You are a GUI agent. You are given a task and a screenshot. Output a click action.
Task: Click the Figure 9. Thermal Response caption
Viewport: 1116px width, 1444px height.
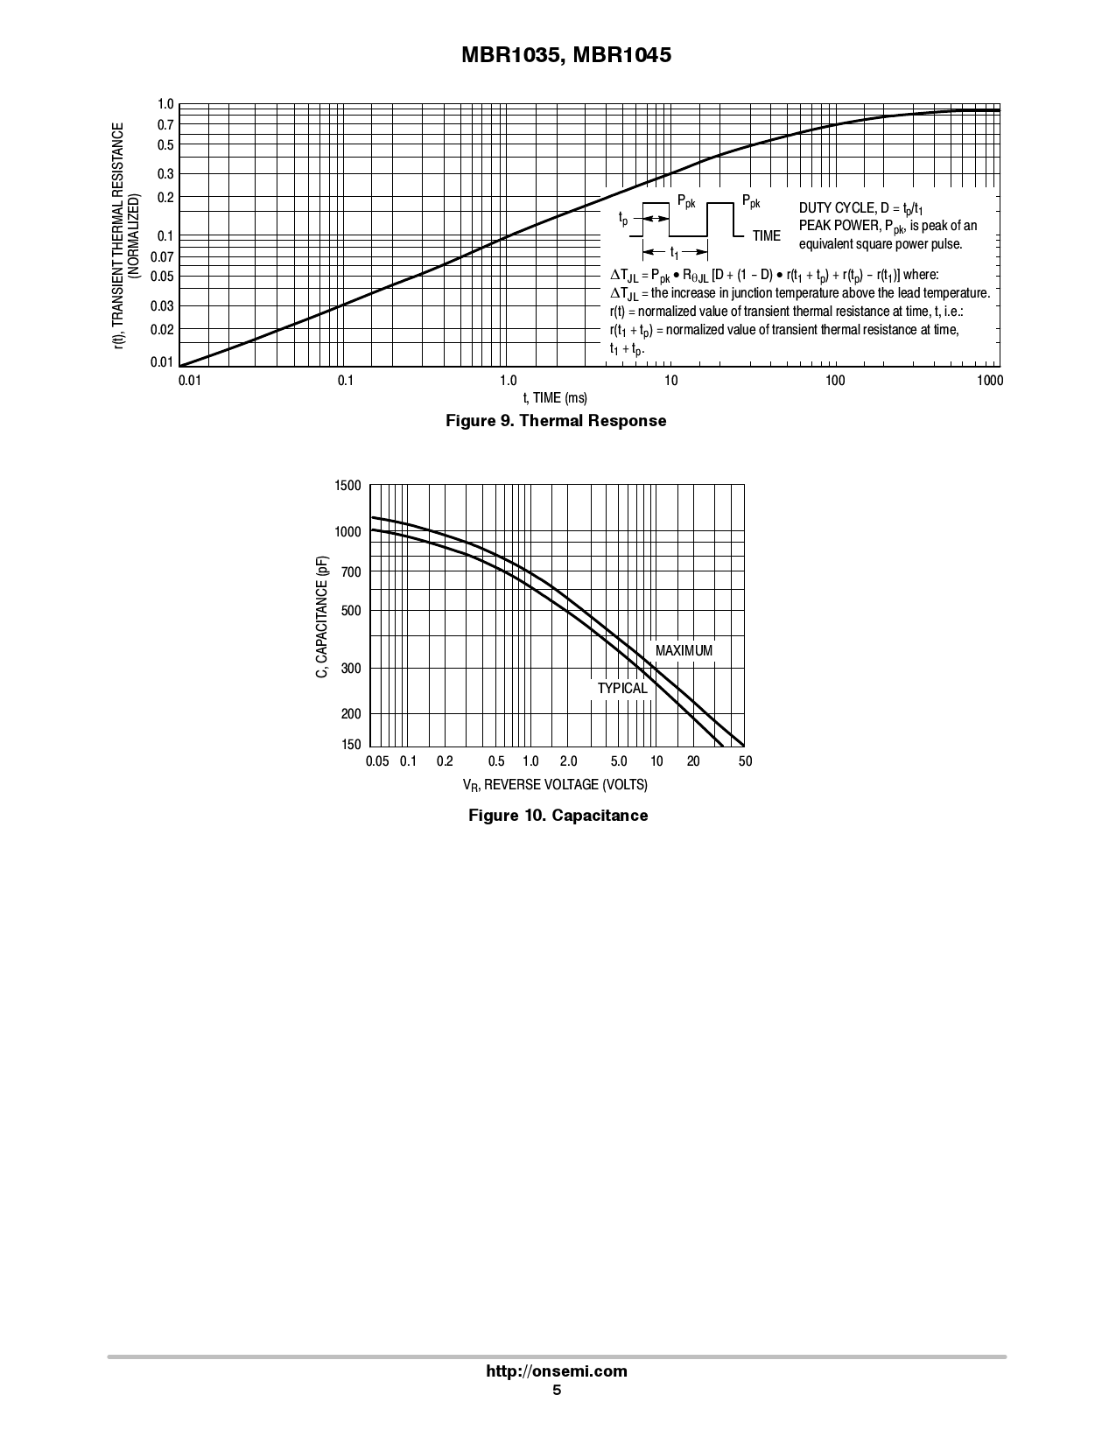click(556, 421)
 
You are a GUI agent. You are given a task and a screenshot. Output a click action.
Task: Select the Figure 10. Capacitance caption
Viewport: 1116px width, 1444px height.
click(558, 816)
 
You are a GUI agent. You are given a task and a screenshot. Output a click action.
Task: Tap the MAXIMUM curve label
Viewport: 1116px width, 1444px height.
click(684, 651)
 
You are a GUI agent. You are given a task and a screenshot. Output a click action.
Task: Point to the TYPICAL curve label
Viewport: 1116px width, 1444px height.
click(622, 689)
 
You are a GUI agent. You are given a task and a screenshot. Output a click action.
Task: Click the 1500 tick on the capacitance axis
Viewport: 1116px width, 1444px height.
click(347, 487)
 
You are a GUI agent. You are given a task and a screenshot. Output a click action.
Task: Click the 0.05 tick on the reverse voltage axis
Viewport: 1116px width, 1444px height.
click(377, 761)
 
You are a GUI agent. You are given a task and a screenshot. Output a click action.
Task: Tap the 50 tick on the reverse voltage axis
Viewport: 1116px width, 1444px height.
click(745, 761)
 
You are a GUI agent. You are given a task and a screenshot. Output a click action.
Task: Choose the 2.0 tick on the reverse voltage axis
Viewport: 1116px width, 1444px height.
click(568, 761)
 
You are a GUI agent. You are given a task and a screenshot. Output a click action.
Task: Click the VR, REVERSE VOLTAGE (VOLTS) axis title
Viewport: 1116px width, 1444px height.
click(555, 785)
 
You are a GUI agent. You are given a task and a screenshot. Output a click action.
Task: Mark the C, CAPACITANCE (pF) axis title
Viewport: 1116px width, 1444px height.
click(323, 617)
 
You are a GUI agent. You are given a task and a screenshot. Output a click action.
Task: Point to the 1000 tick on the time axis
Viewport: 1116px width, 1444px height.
click(990, 381)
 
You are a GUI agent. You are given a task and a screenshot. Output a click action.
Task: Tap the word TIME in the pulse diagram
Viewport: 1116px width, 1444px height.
click(766, 236)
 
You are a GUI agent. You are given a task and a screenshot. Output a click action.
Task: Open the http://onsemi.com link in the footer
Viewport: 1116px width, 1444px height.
click(557, 1371)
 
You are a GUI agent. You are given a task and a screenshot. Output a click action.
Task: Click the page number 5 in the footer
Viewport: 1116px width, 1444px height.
click(557, 1390)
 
